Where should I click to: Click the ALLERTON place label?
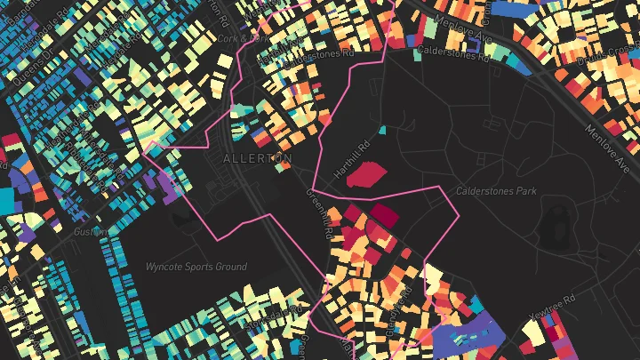[257, 158]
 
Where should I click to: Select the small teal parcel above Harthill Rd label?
[383, 131]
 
